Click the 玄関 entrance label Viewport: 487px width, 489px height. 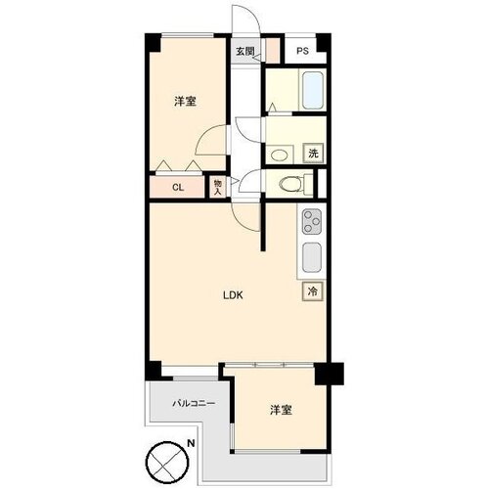244,51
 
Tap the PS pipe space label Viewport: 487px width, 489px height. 302,51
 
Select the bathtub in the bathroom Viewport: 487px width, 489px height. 313,91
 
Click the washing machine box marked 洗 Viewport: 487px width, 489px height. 314,154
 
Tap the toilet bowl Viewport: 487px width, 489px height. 290,184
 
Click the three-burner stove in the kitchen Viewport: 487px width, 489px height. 312,221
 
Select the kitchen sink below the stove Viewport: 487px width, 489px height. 312,258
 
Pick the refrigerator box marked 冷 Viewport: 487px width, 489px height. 313,291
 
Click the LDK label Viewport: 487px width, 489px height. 233,295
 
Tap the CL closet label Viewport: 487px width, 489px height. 178,188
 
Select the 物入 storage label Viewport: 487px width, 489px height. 217,187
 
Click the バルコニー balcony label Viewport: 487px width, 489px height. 194,404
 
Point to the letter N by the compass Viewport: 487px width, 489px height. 191,443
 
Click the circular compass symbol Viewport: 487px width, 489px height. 167,464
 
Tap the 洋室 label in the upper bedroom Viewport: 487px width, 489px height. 185,102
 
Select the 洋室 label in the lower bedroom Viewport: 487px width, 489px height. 281,410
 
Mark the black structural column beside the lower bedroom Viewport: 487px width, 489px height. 330,374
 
